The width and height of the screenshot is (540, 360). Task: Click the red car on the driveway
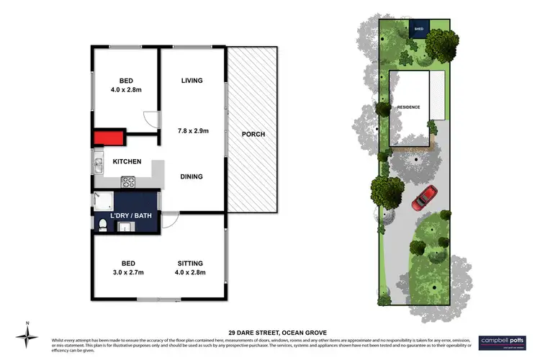[x=424, y=197]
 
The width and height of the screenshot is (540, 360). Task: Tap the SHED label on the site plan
[x=419, y=30]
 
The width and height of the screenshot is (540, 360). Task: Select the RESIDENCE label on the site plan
[x=408, y=107]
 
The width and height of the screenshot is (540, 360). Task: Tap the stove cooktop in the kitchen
[x=130, y=181]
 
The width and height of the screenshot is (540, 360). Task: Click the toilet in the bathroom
[x=102, y=226]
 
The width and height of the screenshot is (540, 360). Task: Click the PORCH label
[x=253, y=134]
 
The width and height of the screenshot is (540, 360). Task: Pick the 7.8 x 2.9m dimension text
[x=192, y=131]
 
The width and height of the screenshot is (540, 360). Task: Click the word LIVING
[x=192, y=81]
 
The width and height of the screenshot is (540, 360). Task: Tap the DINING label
[x=192, y=176]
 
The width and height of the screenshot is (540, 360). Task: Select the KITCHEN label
[x=127, y=162]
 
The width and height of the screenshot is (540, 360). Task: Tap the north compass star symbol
[x=27, y=336]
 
